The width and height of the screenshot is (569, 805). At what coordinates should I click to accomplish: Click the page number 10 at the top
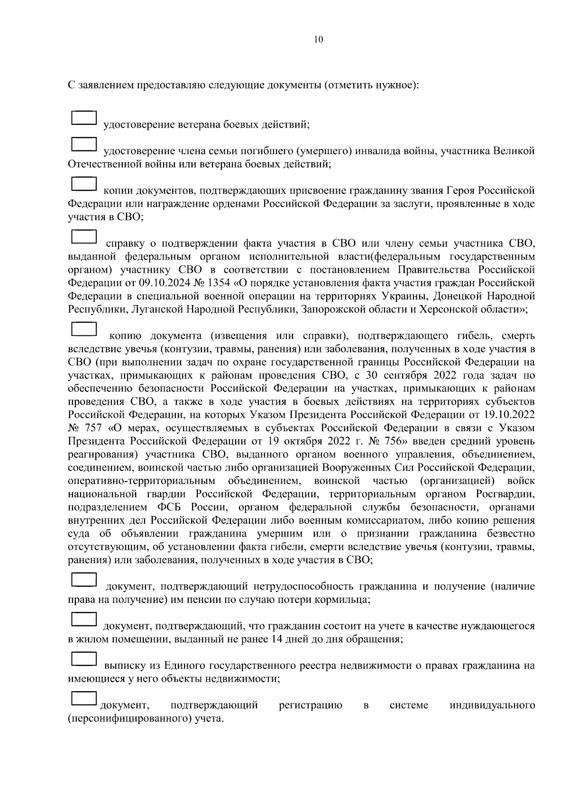point(319,40)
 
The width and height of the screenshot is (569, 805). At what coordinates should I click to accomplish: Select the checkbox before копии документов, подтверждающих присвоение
point(84,184)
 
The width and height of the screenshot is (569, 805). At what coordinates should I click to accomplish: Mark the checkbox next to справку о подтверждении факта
point(84,237)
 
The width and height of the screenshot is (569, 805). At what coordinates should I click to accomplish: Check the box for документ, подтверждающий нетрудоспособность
point(84,579)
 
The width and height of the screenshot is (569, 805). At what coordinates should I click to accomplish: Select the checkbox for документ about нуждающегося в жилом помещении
point(84,619)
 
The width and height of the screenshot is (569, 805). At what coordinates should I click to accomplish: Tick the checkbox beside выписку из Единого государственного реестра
point(84,658)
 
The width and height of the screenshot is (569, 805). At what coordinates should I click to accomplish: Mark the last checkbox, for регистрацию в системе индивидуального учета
point(84,698)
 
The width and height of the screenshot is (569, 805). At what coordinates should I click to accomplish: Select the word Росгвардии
point(506,494)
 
